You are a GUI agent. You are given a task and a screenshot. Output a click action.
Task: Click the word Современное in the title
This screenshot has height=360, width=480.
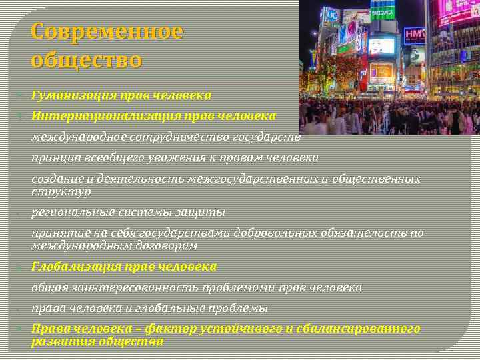tap(107, 31)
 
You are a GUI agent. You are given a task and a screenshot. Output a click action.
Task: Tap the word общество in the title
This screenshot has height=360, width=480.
tap(86, 60)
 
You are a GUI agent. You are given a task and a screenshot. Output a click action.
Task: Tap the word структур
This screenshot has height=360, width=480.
tap(61, 191)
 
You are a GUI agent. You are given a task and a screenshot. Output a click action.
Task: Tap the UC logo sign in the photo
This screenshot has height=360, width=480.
tap(331, 14)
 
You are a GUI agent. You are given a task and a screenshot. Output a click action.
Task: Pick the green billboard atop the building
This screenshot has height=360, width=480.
tap(383, 9)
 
